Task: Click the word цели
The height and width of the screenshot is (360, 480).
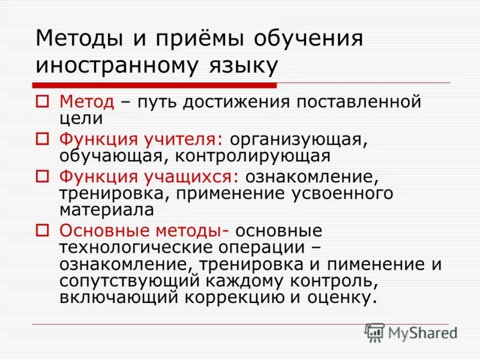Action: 79,118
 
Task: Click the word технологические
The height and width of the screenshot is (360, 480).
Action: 135,248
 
